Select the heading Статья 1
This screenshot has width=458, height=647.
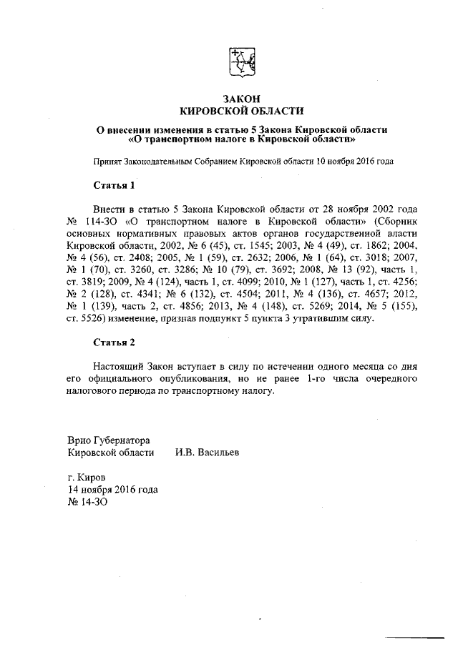[x=114, y=186]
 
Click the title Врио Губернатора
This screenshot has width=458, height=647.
[x=109, y=440]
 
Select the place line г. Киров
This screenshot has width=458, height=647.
[x=87, y=477]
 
